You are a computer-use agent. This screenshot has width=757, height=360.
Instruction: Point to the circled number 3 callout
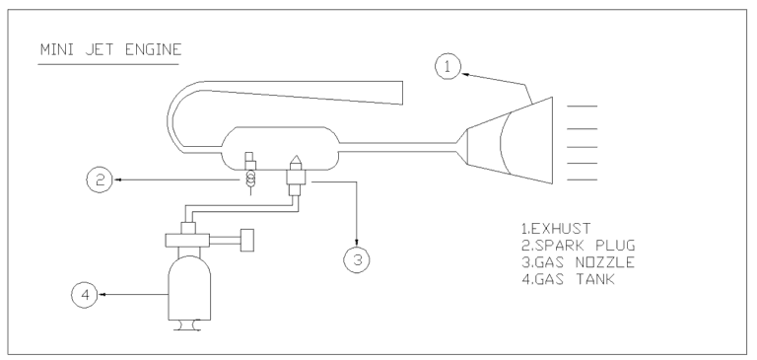[x=356, y=259]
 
